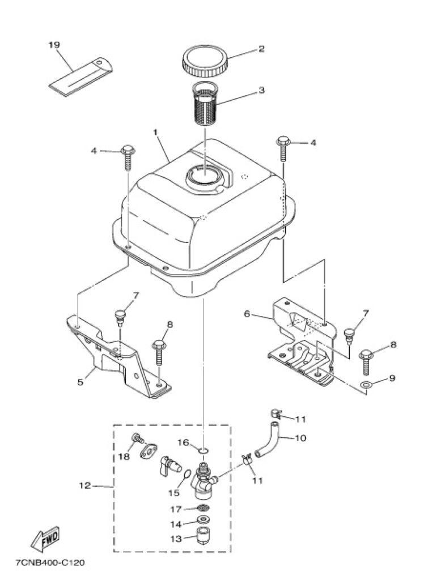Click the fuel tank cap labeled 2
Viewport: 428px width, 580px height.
205,61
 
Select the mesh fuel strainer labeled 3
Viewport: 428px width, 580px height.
205,104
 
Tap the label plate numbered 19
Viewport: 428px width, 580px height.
81,77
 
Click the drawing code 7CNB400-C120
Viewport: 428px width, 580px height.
50,563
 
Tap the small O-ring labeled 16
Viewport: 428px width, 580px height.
204,451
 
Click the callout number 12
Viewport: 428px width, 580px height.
85,485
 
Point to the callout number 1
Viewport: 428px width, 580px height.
155,132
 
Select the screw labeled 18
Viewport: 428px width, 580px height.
138,438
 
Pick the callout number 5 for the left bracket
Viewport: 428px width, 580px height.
80,382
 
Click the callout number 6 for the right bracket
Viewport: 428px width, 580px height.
247,314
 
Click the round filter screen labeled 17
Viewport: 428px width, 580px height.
203,507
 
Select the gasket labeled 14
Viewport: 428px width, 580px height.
203,520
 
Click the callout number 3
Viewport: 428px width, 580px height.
262,90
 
